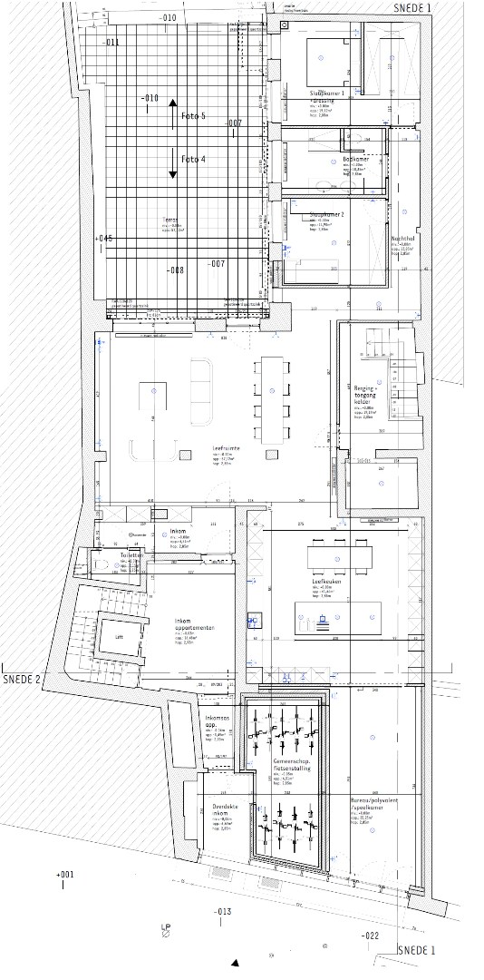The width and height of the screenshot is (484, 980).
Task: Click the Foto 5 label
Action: (x=194, y=116)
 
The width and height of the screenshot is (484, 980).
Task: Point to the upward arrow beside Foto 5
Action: (x=172, y=113)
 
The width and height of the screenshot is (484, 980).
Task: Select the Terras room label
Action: (x=169, y=220)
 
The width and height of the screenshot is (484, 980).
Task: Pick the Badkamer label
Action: (x=357, y=159)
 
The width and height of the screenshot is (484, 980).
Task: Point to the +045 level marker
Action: (x=102, y=238)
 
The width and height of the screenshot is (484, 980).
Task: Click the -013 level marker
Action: (x=223, y=910)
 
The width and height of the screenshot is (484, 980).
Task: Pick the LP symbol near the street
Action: (x=166, y=929)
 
